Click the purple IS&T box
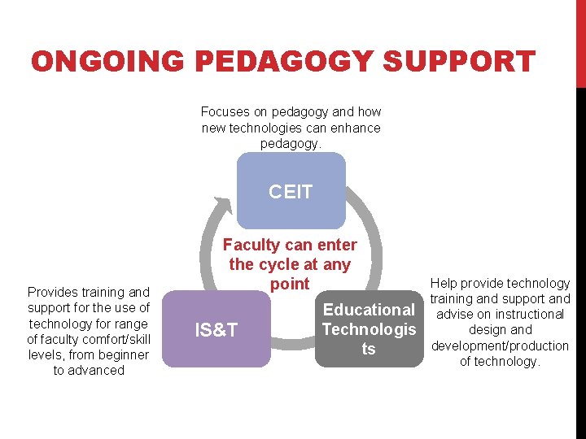click(216, 329)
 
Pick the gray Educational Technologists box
click(369, 329)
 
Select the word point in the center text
click(291, 284)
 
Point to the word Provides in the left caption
click(52, 292)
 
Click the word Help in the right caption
click(444, 283)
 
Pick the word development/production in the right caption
click(500, 346)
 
